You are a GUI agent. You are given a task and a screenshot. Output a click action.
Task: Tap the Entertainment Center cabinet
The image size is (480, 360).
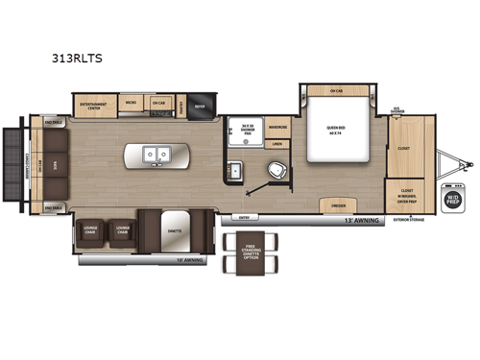[93, 105]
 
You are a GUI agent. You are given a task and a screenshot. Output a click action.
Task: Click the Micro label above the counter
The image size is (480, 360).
[131, 100]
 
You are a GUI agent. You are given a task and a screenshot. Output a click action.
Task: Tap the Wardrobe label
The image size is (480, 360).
[277, 126]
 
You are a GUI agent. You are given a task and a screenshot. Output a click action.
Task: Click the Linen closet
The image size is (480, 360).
[277, 144]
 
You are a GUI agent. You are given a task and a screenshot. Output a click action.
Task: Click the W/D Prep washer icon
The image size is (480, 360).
[452, 198]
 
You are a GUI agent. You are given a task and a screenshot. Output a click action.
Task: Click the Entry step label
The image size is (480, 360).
[244, 217]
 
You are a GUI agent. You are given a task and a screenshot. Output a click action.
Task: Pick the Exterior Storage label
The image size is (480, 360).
[408, 221]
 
